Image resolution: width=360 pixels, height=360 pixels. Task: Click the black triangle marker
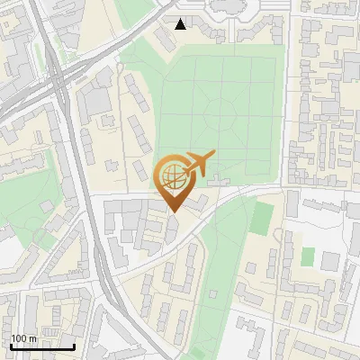coord(181,23)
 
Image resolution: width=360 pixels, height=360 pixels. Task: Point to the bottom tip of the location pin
coord(173,211)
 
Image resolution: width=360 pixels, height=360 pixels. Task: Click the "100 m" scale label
coord(24,338)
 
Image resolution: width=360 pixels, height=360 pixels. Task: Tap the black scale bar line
coord(42,346)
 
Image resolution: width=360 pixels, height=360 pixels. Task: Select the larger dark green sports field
coord(262,216)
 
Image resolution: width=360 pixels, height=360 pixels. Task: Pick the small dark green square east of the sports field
coord(307,256)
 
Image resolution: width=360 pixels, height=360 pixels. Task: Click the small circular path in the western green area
coord(40,236)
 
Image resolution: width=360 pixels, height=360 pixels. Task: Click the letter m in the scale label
coord(33,338)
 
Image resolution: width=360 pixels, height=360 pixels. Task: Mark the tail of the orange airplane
coord(211,156)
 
